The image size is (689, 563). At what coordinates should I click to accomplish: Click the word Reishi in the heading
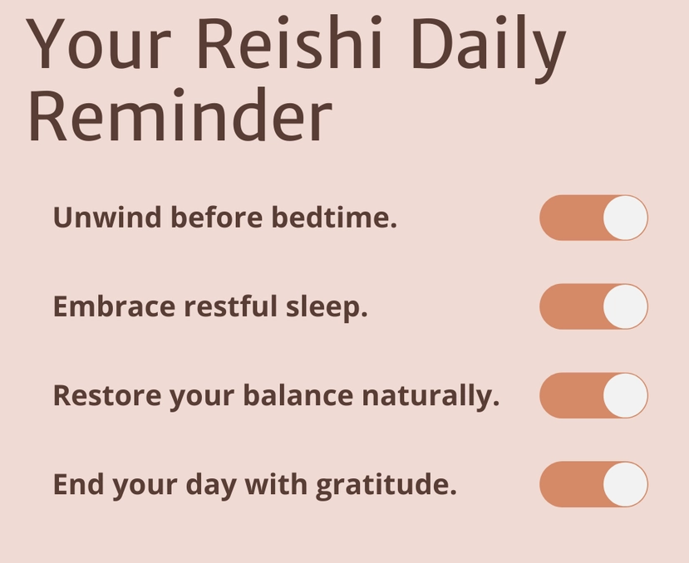(289, 42)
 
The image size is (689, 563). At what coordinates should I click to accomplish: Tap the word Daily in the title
(488, 48)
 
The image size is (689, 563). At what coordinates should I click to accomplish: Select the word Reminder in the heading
(180, 115)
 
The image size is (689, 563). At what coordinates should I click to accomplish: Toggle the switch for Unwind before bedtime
(593, 218)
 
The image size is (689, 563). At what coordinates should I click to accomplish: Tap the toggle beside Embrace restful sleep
(593, 306)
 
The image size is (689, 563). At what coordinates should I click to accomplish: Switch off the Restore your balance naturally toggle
(593, 395)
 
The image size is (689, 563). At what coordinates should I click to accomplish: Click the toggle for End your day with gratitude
(593, 484)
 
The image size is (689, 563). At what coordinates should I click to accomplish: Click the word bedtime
(334, 217)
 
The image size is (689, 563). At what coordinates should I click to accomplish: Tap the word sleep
(327, 307)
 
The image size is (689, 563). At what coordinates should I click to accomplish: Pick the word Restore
(107, 395)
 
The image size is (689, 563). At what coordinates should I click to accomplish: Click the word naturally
(431, 396)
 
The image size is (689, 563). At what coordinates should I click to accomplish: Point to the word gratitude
(386, 485)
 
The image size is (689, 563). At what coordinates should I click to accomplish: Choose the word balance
(298, 394)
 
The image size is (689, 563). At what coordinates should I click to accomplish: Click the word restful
(231, 306)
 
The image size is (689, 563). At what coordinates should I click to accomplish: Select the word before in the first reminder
(217, 217)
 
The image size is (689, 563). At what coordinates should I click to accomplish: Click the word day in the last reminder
(211, 486)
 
